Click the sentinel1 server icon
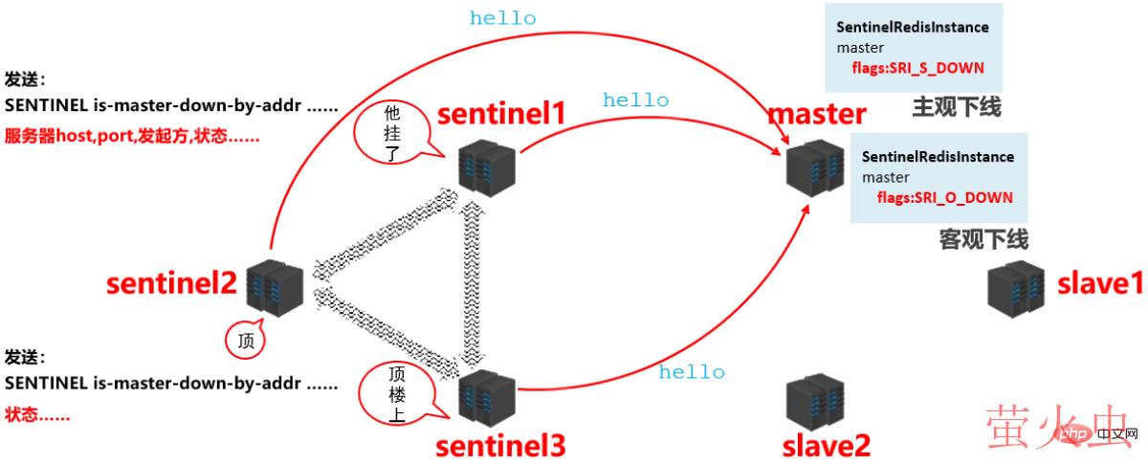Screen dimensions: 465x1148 tap(485, 165)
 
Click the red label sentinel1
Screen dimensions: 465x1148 tap(502, 114)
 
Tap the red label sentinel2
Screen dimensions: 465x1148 tap(171, 284)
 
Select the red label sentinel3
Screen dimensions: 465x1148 tap(500, 446)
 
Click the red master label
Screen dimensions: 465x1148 tap(817, 114)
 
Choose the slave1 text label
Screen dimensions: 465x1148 tap(1100, 284)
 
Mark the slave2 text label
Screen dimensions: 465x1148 tap(827, 446)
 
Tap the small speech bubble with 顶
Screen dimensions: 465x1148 tap(244, 339)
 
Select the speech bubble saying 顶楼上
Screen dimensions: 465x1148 tap(396, 393)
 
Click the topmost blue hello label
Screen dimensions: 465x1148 tap(502, 18)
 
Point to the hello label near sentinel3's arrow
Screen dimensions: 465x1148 tap(692, 372)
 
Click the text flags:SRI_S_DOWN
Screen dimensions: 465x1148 tap(917, 69)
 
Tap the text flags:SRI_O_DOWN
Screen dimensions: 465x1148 tap(944, 198)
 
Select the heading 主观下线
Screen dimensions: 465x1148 tap(956, 107)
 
